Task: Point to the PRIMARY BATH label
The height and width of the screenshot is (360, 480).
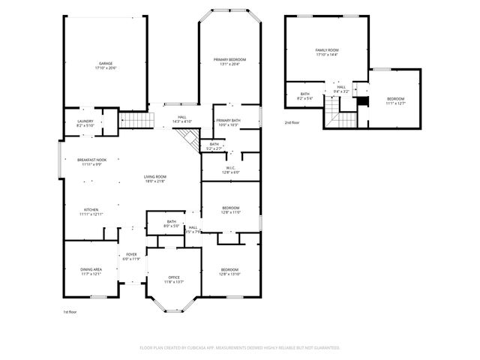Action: pyautogui.click(x=228, y=122)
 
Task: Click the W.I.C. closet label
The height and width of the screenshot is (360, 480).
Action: pyautogui.click(x=229, y=169)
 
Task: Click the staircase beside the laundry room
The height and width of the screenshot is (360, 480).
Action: pyautogui.click(x=136, y=120)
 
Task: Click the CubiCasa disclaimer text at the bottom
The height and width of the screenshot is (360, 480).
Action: pyautogui.click(x=240, y=348)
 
